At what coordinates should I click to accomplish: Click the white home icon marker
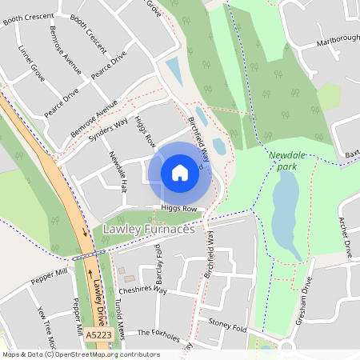[180, 173]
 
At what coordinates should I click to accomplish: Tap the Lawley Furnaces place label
[150, 230]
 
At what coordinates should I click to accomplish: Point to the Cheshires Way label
[142, 290]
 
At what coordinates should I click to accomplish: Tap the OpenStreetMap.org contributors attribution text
[104, 354]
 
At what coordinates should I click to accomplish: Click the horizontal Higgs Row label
[178, 208]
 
